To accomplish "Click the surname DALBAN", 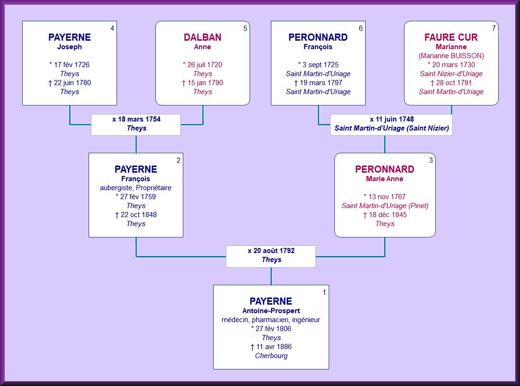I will [x=202, y=37].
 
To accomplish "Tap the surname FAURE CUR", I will [x=451, y=37].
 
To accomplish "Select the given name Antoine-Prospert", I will [x=271, y=311].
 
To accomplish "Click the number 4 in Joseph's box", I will [x=112, y=28].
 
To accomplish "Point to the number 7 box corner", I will [x=493, y=28].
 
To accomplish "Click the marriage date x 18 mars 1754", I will [x=136, y=119].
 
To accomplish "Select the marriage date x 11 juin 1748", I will [x=392, y=119].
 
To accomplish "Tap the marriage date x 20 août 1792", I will [x=271, y=251].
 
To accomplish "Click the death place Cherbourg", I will [x=271, y=356].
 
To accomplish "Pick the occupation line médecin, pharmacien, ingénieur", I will [x=271, y=320].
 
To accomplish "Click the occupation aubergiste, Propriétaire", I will [x=135, y=188].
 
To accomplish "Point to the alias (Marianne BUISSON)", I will [x=451, y=56].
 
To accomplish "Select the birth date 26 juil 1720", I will [x=202, y=65].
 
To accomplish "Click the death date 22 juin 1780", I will [x=70, y=83].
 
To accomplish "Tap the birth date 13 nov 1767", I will [x=385, y=197].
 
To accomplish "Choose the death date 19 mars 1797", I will [x=318, y=83].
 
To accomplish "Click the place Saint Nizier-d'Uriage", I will [x=451, y=74].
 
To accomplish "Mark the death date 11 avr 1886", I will [x=271, y=347].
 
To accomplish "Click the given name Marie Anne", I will [x=385, y=179].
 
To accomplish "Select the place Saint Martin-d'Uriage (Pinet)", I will [x=385, y=206].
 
